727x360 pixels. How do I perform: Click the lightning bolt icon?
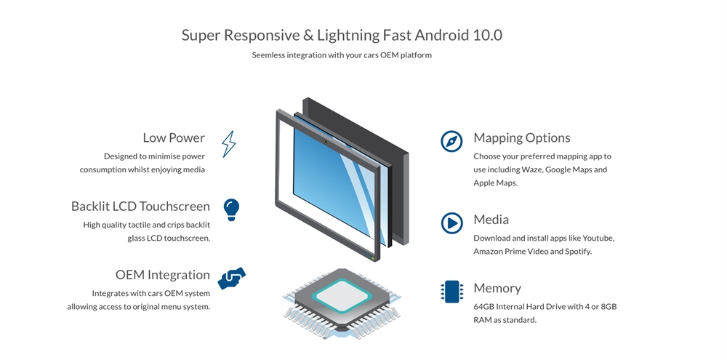(228, 144)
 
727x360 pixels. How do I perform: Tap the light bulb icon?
(231, 209)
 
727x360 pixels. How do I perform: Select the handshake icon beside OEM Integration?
(231, 278)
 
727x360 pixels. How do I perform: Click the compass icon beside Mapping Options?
(451, 141)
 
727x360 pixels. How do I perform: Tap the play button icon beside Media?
(451, 223)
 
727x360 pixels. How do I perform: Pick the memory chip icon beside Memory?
(451, 291)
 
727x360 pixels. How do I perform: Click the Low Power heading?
(174, 137)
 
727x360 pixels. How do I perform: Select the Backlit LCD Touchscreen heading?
(140, 206)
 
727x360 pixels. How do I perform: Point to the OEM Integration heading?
(162, 275)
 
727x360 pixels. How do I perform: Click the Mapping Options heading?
(521, 137)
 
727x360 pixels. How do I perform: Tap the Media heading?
(491, 219)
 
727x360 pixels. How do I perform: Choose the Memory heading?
(497, 288)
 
